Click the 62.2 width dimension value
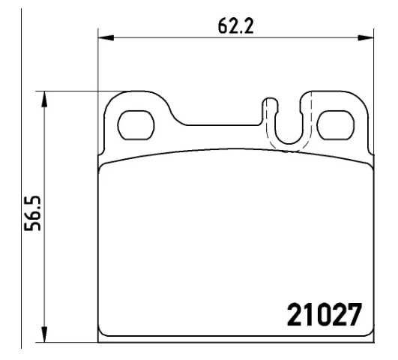(236, 26)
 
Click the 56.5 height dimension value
(32, 213)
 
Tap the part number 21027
(324, 314)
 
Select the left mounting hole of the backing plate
(136, 125)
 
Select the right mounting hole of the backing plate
(335, 125)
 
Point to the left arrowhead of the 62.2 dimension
(106, 37)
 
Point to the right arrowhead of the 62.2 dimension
(366, 37)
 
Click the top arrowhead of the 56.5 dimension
(44, 99)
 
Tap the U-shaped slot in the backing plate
(289, 142)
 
